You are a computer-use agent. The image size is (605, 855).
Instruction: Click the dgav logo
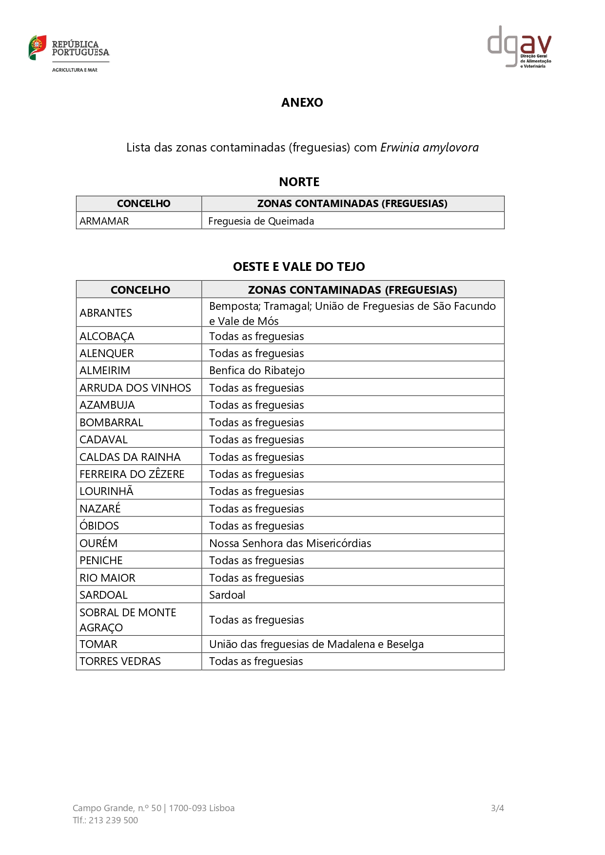tap(519, 47)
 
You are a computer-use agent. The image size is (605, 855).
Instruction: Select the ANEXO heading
tap(302, 103)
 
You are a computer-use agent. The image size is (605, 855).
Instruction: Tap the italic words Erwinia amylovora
tap(429, 148)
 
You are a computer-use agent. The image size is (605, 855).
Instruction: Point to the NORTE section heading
tap(299, 182)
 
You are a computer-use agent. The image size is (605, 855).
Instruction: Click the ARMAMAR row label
tap(104, 221)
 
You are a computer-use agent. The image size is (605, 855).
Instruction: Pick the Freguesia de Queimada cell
tap(261, 221)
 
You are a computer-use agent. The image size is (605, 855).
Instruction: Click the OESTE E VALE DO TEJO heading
tap(298, 267)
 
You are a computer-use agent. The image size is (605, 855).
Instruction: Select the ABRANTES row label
tap(106, 313)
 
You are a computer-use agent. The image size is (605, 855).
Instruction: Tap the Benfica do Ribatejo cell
tap(256, 371)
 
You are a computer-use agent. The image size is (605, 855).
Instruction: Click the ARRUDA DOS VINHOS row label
tap(135, 388)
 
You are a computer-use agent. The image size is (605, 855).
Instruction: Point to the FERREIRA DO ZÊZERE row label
tap(132, 475)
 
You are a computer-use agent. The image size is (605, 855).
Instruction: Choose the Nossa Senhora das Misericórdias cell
tap(290, 544)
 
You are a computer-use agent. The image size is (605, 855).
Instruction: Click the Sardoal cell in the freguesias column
tap(227, 595)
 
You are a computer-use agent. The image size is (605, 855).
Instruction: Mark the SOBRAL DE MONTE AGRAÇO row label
tap(127, 620)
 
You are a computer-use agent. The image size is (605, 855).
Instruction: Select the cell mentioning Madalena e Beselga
tap(316, 645)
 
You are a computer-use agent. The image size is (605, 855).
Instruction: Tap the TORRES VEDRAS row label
tap(120, 662)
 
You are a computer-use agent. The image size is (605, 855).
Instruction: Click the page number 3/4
tap(497, 808)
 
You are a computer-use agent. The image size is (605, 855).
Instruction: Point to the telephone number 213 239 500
tap(113, 820)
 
